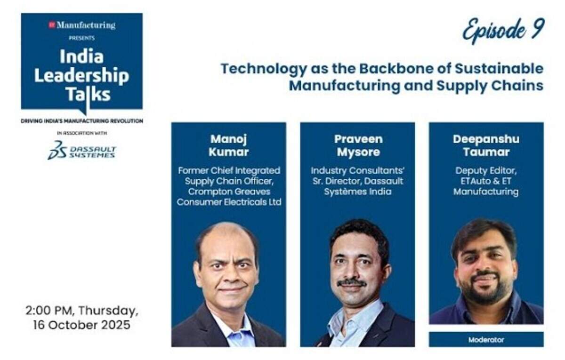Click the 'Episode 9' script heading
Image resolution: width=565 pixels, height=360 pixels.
(503, 31)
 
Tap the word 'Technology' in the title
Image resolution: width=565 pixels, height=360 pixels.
(264, 69)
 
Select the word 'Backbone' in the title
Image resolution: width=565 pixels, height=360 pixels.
(396, 69)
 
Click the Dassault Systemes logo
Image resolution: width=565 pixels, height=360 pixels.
(82, 150)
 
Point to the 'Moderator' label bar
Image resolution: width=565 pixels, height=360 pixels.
(486, 339)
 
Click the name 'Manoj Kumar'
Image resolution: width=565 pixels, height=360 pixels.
(228, 146)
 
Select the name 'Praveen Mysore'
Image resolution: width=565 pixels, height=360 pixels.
(358, 146)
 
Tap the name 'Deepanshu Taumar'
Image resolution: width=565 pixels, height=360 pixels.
(486, 146)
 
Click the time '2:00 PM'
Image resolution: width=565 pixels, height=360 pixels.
(49, 311)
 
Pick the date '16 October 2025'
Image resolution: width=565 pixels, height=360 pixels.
(82, 325)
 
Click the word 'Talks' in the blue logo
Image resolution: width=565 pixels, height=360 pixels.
(88, 94)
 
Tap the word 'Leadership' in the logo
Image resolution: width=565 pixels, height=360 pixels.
(82, 76)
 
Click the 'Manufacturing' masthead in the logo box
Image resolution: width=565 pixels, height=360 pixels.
(86, 25)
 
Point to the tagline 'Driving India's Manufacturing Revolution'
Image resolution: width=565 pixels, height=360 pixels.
(82, 121)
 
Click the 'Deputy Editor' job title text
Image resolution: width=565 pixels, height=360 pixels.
(486, 171)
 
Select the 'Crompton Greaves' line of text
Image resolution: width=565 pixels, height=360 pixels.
(229, 192)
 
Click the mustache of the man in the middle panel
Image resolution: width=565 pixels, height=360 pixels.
(352, 282)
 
